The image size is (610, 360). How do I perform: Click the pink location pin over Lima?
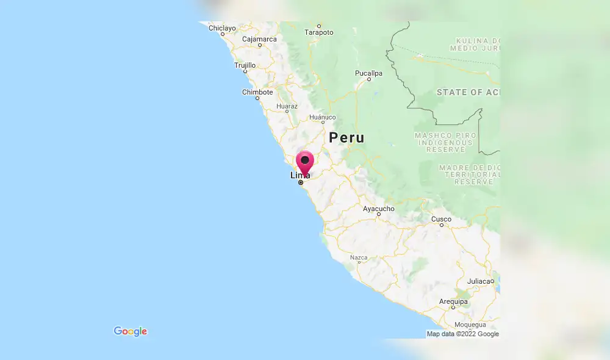pos(304,161)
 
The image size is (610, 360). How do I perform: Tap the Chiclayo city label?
pos(222,28)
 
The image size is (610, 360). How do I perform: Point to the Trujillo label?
pos(245,65)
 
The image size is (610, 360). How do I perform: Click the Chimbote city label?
pos(257,92)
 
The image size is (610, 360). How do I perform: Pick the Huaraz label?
pos(287,106)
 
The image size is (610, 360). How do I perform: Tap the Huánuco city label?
pos(322,117)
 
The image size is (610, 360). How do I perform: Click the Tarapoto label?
pos(319,32)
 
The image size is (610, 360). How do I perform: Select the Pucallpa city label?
pos(368,73)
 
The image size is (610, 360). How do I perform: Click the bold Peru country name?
pos(346,138)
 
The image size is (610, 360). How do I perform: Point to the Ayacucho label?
pos(379,209)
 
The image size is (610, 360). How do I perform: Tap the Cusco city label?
pos(441,218)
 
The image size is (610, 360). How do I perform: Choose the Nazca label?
pos(359,257)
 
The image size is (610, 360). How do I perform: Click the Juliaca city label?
pos(480,281)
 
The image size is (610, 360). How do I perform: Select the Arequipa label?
pos(453,301)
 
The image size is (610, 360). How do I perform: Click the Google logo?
pos(131,331)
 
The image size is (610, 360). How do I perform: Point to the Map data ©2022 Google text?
pos(462,334)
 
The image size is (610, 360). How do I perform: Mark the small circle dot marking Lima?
pos(301,182)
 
